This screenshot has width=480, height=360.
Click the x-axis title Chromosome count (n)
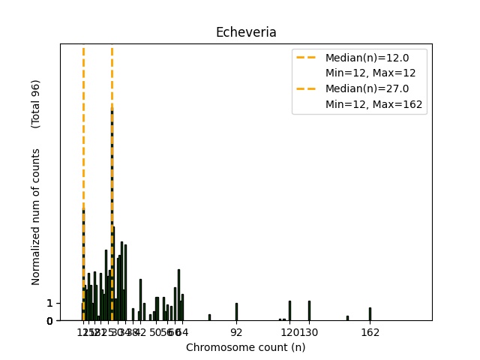click(x=245, y=347)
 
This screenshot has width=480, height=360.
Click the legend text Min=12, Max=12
click(x=370, y=73)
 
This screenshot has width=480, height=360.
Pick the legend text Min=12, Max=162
click(x=375, y=105)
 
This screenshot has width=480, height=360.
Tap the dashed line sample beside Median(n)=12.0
click(x=307, y=58)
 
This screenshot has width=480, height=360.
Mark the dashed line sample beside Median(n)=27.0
click(x=307, y=89)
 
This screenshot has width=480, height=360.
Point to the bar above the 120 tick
click(x=290, y=311)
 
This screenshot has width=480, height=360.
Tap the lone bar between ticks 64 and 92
click(x=209, y=317)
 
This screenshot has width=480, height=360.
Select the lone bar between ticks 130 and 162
click(x=347, y=318)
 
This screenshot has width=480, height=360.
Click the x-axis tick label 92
click(x=236, y=331)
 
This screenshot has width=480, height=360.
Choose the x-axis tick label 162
click(x=370, y=331)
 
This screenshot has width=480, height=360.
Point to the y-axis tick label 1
click(x=49, y=303)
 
